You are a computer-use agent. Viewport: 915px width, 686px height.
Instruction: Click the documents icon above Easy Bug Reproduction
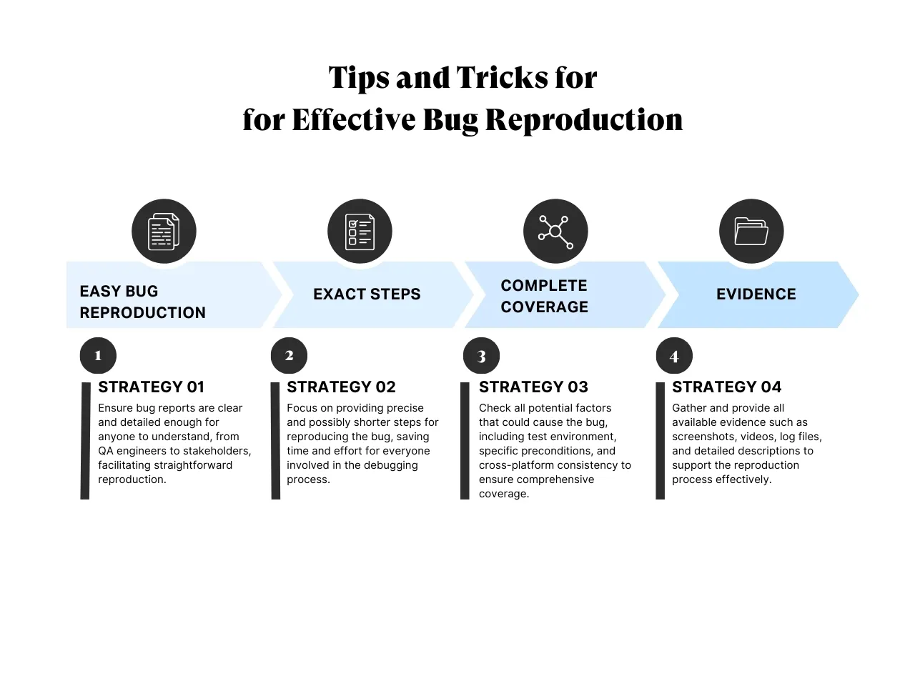pos(164,232)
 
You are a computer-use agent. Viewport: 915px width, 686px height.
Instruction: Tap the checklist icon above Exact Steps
pos(360,232)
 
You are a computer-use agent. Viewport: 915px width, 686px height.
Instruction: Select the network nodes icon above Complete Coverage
pos(555,232)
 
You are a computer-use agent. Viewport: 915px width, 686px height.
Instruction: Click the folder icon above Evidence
pos(751,232)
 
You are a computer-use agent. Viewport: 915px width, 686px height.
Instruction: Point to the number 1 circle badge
pos(98,355)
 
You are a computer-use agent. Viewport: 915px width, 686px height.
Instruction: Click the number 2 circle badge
pos(289,355)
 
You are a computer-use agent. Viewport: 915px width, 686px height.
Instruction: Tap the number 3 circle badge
pos(481,356)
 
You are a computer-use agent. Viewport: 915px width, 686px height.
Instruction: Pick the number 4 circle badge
pos(674,356)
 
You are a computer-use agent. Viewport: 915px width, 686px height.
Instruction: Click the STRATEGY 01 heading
pos(151,387)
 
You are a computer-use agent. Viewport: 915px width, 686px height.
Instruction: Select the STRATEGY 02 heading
pos(341,387)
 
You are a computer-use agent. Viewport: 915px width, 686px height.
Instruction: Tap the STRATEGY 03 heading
pos(533,387)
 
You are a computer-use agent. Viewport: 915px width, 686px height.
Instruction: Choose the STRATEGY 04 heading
pos(726,387)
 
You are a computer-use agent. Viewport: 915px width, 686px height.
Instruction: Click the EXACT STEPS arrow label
pos(367,294)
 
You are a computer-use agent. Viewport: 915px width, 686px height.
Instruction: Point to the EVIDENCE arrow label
pos(756,294)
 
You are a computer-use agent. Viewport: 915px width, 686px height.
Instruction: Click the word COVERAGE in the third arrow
pos(544,307)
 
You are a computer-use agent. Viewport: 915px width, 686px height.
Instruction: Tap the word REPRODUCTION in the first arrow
pos(142,313)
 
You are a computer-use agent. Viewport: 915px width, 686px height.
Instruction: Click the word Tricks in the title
pos(503,78)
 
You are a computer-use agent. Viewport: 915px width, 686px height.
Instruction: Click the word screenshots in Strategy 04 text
pos(703,437)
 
